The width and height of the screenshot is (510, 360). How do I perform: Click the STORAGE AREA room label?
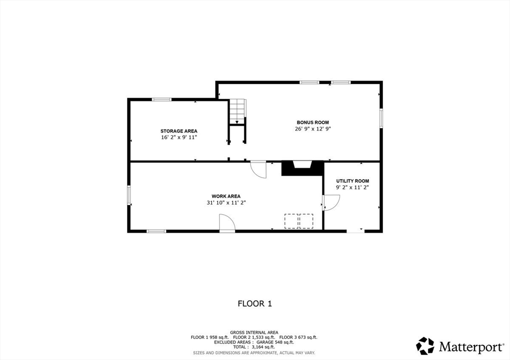pos(178,131)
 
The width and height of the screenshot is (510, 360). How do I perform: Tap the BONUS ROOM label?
pos(313,122)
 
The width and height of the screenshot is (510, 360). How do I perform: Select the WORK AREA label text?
pos(226,196)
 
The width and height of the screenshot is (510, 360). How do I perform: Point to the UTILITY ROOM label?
pos(353,181)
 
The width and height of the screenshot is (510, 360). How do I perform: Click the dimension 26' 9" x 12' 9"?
pos(313,128)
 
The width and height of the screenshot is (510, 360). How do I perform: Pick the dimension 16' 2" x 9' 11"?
pos(178,137)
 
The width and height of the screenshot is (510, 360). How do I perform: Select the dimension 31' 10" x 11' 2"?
pos(226,203)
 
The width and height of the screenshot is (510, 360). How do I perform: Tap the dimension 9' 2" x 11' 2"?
pos(353,187)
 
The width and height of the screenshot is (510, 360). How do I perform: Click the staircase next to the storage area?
pos(238,111)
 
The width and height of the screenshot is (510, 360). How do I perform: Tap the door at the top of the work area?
pos(258,169)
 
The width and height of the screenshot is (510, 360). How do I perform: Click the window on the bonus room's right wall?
pos(381,118)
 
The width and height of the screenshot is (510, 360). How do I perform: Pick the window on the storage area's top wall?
pos(162,100)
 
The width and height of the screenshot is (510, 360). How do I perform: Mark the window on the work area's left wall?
pos(129,195)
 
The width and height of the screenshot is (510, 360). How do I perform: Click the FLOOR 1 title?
pos(255,303)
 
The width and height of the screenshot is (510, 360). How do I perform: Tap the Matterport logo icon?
pos(425,346)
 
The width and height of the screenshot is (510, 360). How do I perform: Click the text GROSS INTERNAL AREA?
pos(254,332)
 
